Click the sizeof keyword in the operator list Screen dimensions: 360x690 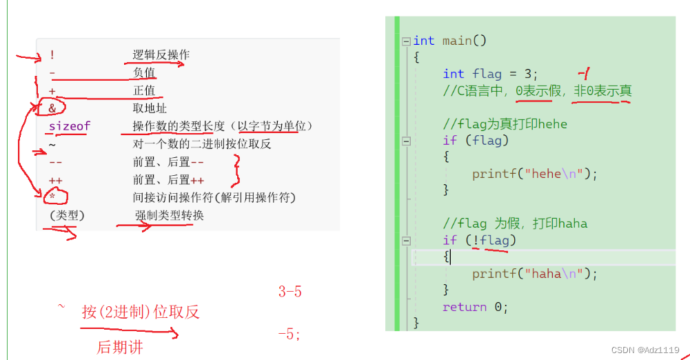(69, 126)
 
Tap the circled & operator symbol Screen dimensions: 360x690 (52, 108)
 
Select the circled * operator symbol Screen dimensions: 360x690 (52, 198)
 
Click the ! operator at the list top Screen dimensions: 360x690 (52, 55)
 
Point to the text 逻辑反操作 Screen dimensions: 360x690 (161, 55)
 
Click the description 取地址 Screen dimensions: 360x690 (150, 108)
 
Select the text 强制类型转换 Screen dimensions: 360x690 (169, 216)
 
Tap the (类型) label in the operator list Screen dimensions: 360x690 (67, 216)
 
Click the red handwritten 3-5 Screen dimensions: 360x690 (290, 292)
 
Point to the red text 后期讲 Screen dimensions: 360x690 (119, 348)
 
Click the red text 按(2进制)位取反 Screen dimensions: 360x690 (141, 312)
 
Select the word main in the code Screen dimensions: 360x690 (456, 41)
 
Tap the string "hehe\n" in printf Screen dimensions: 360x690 (556, 173)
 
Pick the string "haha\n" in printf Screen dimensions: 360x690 (556, 274)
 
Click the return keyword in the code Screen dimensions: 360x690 (465, 307)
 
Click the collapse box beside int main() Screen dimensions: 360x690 (406, 41)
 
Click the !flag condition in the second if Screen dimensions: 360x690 (489, 240)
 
